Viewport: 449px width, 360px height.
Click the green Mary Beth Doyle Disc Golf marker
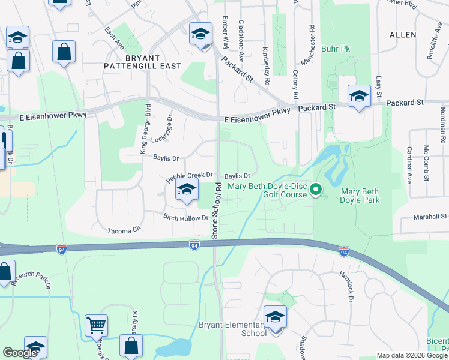point(316,191)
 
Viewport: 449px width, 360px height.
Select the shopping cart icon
point(96,325)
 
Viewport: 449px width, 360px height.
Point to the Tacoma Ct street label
point(124,229)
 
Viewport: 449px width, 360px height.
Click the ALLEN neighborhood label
point(402,35)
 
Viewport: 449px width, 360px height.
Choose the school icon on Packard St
point(359,95)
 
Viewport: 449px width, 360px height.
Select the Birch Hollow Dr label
point(185,217)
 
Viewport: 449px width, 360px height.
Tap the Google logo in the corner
point(20,353)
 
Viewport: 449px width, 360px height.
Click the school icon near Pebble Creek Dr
point(187,191)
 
